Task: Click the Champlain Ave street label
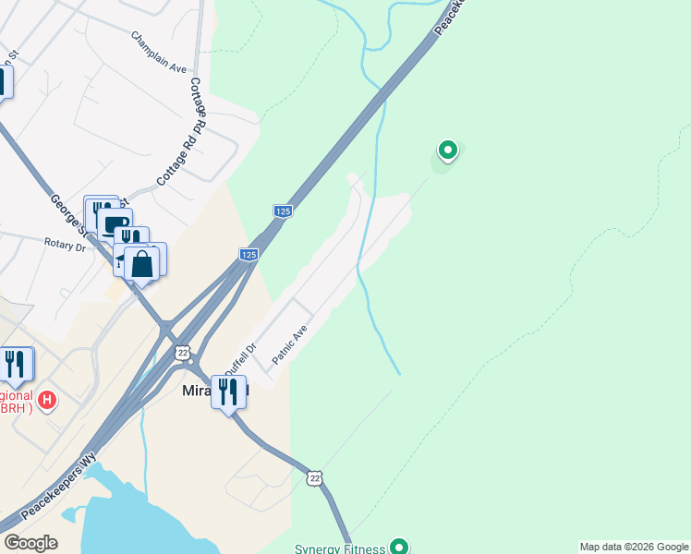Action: (159, 53)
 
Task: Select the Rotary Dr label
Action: (64, 246)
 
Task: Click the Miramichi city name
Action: (194, 392)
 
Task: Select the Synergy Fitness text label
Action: (338, 548)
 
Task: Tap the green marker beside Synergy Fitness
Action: (399, 547)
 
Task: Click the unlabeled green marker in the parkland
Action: (447, 150)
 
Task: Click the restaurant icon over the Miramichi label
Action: (228, 391)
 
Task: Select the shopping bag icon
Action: (142, 263)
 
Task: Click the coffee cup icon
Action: (115, 224)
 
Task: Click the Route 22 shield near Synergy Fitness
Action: (316, 477)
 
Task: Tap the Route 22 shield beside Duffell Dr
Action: (183, 353)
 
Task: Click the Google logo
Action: (30, 543)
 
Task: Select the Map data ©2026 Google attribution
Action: (633, 547)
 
